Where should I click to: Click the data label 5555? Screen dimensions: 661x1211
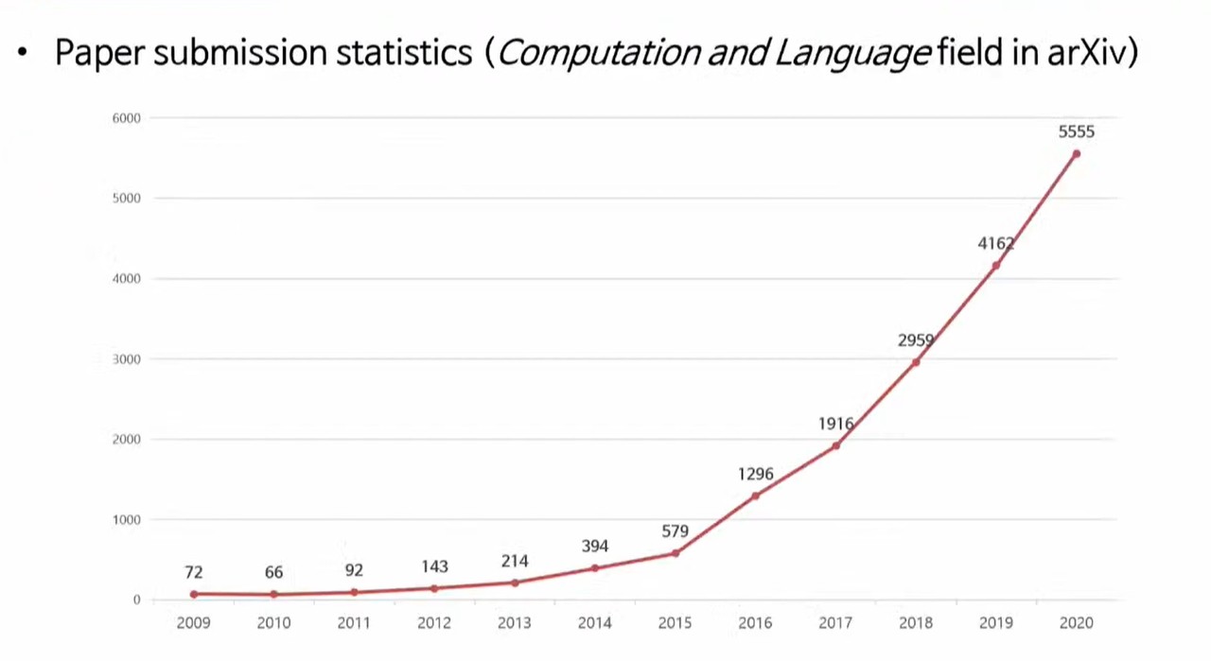pos(1076,132)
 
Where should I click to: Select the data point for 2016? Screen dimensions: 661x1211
pos(755,496)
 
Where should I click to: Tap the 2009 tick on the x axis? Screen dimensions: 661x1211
pos(193,623)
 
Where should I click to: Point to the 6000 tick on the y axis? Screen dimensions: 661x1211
pos(126,118)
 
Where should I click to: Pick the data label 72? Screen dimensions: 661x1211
pos(193,572)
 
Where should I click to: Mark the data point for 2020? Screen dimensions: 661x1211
pos(1076,154)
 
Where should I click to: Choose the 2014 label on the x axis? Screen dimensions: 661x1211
pos(594,623)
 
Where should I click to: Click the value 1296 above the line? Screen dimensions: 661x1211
pos(755,474)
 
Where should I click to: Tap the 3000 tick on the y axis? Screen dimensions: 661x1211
pos(126,359)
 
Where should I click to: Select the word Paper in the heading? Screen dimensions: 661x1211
pos(98,53)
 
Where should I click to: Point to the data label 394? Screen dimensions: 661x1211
pos(594,547)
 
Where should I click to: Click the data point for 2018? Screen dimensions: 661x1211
pos(916,362)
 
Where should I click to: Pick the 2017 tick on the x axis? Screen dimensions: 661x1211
pos(835,623)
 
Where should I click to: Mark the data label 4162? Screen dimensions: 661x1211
pos(995,244)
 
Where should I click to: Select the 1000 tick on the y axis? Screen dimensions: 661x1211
pos(126,520)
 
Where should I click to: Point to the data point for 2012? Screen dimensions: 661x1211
pos(434,588)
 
